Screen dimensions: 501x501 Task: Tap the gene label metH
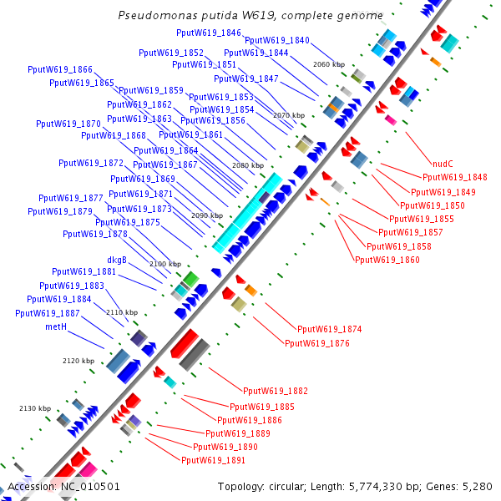tap(56, 327)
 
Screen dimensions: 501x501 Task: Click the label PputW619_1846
tap(209, 33)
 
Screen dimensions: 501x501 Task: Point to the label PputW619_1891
tap(213, 460)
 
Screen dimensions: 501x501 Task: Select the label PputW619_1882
tap(276, 391)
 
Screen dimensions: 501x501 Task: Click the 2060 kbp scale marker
tap(328, 64)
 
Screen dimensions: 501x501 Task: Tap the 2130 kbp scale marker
tap(35, 408)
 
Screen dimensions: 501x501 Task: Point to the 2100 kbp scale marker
tap(164, 264)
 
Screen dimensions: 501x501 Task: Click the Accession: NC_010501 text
tap(63, 487)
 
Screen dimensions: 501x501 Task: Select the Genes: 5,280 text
tap(462, 487)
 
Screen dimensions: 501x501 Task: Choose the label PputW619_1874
tap(330, 330)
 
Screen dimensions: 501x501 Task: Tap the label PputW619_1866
tap(60, 69)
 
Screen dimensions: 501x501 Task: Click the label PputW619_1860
tap(387, 260)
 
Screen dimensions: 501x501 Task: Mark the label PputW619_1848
tap(455, 177)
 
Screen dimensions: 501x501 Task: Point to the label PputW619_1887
tap(48, 313)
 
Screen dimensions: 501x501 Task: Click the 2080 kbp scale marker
tap(247, 166)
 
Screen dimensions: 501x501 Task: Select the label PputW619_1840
tap(277, 40)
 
